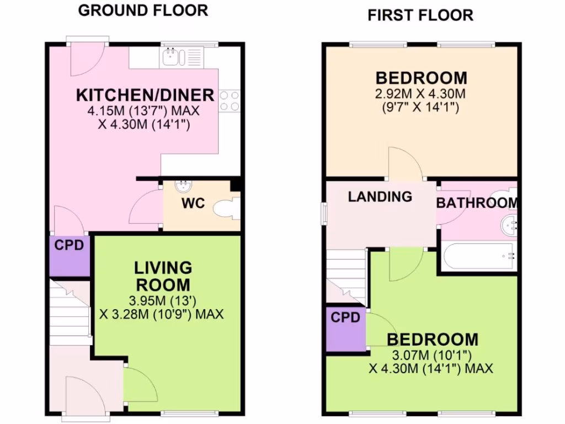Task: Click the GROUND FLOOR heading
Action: (143, 10)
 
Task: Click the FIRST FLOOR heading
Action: (420, 15)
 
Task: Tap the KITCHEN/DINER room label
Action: (145, 94)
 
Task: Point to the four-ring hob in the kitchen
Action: (229, 100)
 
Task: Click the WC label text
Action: (193, 203)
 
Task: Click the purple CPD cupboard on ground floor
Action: (70, 255)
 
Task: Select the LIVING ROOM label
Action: (163, 276)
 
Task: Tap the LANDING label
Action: (380, 196)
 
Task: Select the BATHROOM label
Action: (477, 203)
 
